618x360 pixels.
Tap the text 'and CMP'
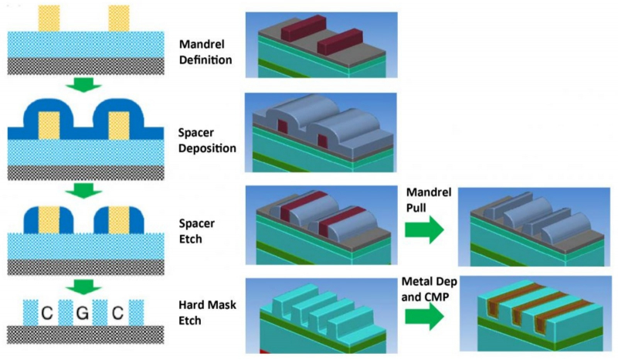(x=427, y=296)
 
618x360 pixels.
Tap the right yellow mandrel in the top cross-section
(x=119, y=18)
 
